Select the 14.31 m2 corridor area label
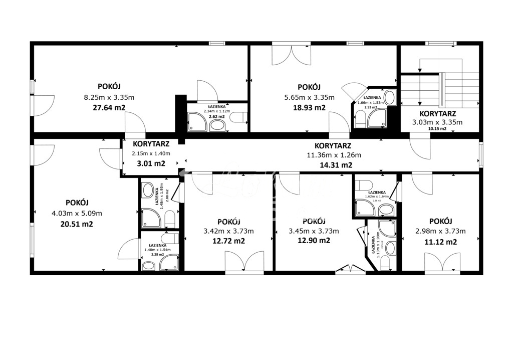pyautogui.click(x=336, y=165)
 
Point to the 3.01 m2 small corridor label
pyautogui.click(x=151, y=163)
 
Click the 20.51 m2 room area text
pyautogui.click(x=77, y=224)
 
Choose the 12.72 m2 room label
pyautogui.click(x=228, y=241)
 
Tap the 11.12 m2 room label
pyautogui.click(x=441, y=242)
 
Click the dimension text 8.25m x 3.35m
pyautogui.click(x=109, y=98)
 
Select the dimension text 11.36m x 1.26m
pyautogui.click(x=334, y=155)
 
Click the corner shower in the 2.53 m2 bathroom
pyautogui.click(x=376, y=118)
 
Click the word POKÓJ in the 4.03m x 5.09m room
pyautogui.click(x=77, y=203)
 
